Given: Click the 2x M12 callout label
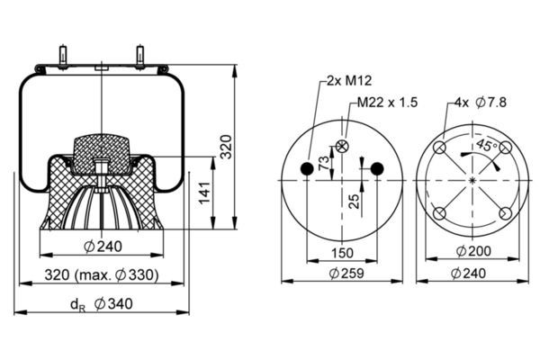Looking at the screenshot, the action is click(349, 81).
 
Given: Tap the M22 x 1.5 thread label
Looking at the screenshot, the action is click(387, 103).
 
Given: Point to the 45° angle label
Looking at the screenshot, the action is click(487, 145).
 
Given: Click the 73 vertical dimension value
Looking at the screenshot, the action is click(324, 163).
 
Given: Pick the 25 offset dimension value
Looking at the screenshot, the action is click(354, 202).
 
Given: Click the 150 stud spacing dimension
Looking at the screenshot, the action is click(342, 253).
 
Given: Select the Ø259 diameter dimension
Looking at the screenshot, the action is click(346, 274).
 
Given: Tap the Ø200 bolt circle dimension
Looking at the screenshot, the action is click(473, 251).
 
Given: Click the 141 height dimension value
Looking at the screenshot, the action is click(204, 193).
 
